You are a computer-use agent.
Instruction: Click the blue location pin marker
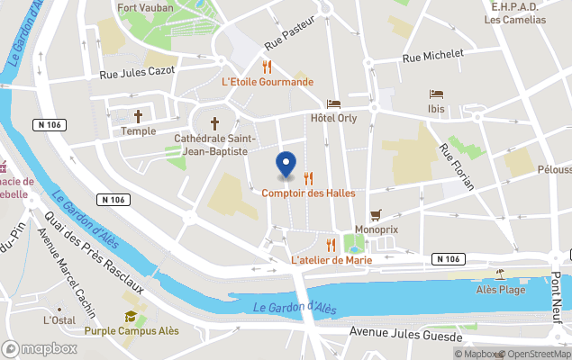(x=286, y=164)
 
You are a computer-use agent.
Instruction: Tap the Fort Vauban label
(x=147, y=7)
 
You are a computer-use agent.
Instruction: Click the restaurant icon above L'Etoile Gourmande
(x=267, y=66)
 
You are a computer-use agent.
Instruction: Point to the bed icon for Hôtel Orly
(x=333, y=103)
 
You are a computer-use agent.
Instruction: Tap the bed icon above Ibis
(x=436, y=94)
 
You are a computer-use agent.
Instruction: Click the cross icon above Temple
(x=139, y=116)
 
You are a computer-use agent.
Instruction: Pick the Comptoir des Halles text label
(x=308, y=193)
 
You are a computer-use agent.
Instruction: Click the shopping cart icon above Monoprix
(x=376, y=215)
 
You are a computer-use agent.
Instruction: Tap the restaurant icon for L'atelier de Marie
(x=331, y=245)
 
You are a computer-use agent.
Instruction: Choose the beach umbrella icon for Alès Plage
(x=499, y=274)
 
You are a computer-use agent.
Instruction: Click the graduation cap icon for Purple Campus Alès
(x=132, y=317)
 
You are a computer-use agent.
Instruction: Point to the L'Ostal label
(x=59, y=319)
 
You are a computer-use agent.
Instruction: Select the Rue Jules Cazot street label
(x=136, y=76)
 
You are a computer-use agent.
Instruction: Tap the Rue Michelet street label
(x=433, y=57)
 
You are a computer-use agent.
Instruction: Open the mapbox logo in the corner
(x=40, y=348)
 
